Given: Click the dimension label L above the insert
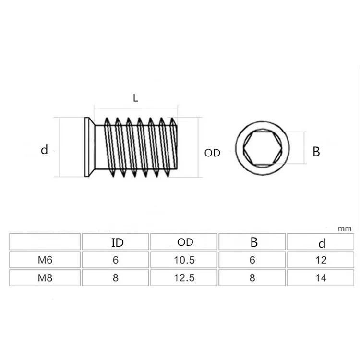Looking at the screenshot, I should (x=135, y=98).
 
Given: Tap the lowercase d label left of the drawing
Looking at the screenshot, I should (x=44, y=150).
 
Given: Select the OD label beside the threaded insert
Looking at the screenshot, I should (x=212, y=153).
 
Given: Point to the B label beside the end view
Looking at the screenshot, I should (x=316, y=152).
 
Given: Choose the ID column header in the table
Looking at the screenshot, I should (x=117, y=242).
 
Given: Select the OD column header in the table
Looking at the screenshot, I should (x=185, y=242).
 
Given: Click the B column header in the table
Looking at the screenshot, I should (x=253, y=242).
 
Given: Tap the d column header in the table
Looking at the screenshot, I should (x=322, y=243).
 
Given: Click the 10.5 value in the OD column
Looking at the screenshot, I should (x=185, y=260).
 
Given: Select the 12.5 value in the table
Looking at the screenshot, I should (x=185, y=277).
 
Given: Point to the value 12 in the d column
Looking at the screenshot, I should (x=322, y=260).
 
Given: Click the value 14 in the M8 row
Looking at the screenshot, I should (x=322, y=277).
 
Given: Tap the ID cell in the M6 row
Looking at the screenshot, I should (x=116, y=260).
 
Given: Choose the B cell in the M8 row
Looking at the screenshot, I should (x=253, y=277).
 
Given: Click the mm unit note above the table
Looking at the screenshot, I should (x=345, y=228).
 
